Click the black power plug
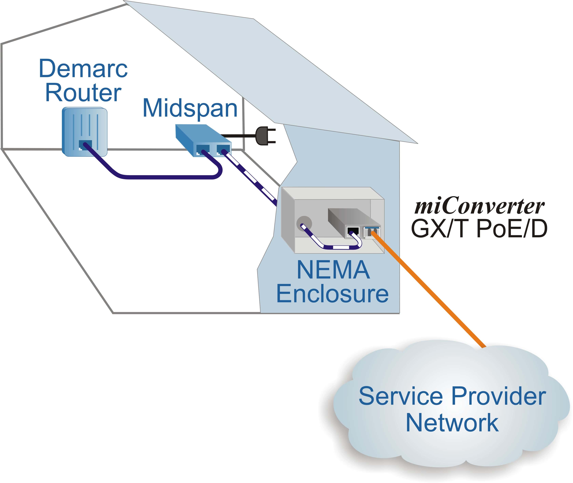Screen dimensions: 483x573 pos(264,136)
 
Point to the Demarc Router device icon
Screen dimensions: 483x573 pos(85,129)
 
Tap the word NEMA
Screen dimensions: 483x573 pos(333,270)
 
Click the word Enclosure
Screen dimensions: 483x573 pos(332,294)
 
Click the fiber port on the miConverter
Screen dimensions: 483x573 pos(372,233)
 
